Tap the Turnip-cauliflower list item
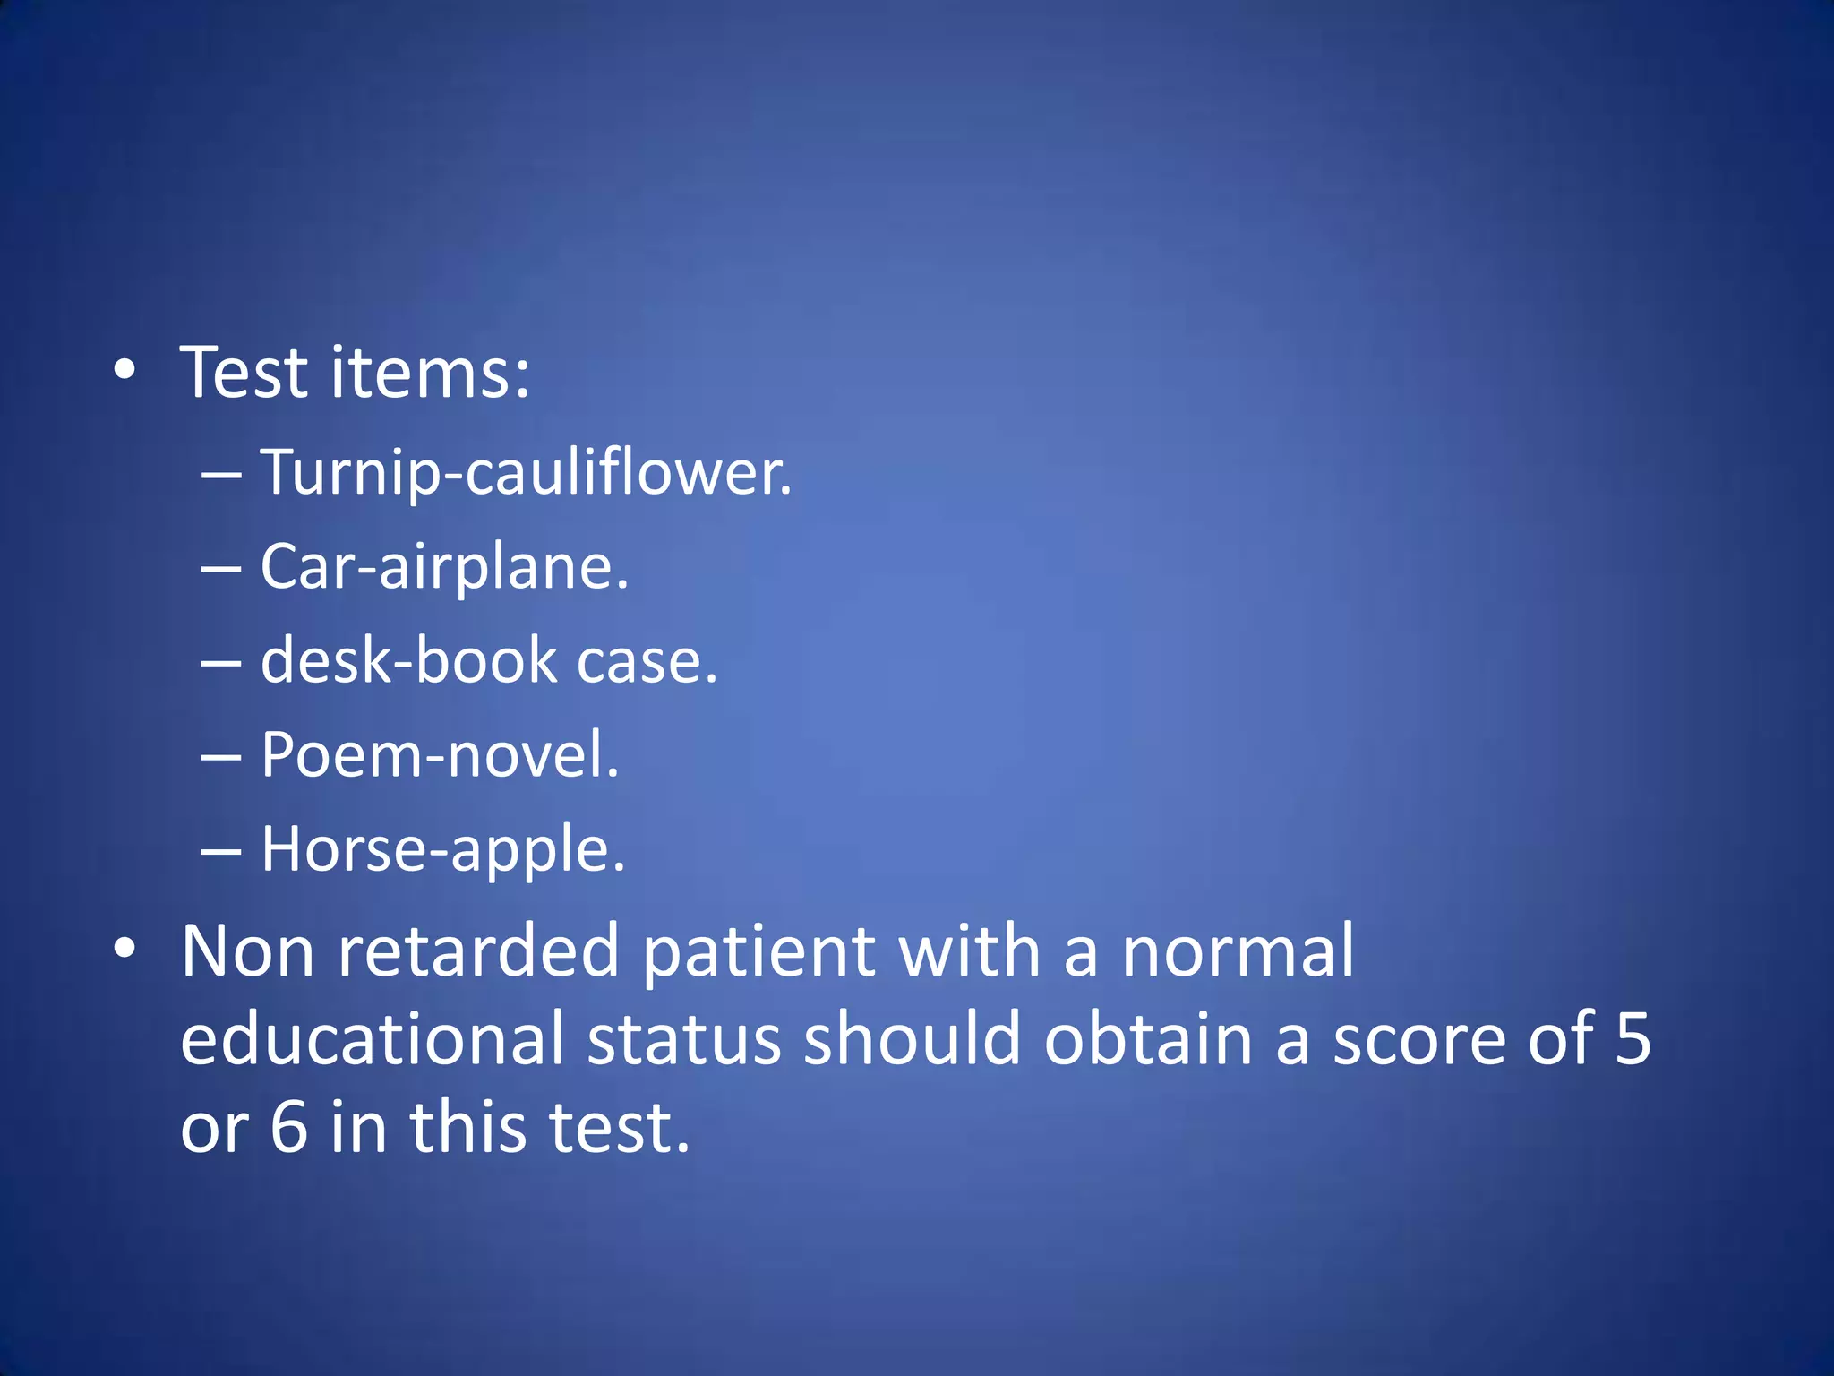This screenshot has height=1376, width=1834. point(526,472)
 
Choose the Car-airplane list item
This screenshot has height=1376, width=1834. point(444,567)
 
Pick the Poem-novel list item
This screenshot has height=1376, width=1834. point(440,755)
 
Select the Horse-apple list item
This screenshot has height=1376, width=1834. point(442,849)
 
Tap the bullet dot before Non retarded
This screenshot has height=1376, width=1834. point(125,948)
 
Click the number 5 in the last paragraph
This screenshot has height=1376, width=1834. point(1633,1038)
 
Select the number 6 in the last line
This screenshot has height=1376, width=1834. point(289,1126)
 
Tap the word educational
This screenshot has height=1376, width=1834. point(373,1038)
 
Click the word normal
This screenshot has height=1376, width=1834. point(1238,950)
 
